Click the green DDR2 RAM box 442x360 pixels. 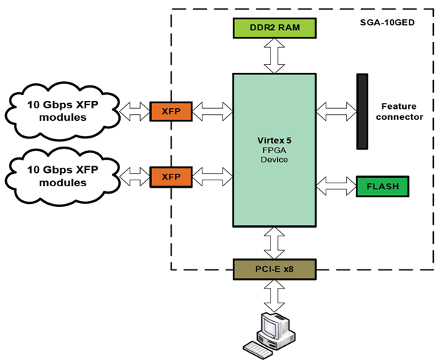[274, 29]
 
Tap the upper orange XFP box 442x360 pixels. [170, 111]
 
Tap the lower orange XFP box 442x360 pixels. [170, 177]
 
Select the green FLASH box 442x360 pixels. [382, 186]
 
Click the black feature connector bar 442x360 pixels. [362, 110]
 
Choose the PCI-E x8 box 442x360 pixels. [274, 269]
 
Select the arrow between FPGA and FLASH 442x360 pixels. [335, 183]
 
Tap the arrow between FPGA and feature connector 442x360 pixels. [335, 110]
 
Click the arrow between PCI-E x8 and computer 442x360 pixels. [274, 296]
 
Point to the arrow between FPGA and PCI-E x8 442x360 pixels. [274, 242]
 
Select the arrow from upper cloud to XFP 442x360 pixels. [133, 111]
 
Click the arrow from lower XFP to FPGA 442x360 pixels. [211, 177]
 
